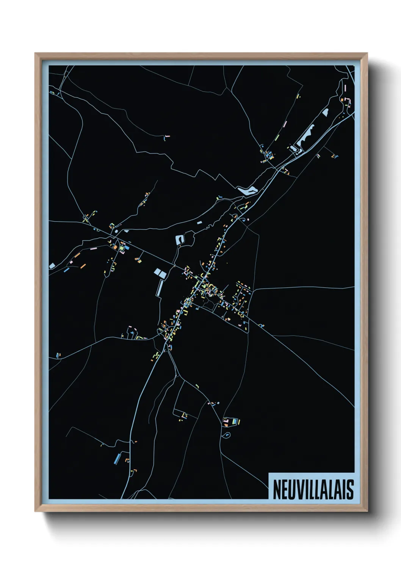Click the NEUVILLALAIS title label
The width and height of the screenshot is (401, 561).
(313, 489)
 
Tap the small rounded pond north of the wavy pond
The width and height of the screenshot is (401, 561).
(325, 112)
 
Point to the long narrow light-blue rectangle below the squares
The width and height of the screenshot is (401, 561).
(160, 288)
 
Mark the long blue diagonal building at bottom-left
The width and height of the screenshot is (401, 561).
(117, 459)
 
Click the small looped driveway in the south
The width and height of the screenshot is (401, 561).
(227, 434)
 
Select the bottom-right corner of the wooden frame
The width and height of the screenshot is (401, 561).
(367, 511)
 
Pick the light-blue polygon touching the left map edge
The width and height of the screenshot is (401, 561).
(52, 266)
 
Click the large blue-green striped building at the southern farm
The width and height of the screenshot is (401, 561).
(237, 421)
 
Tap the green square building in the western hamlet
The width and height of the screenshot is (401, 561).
(121, 248)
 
